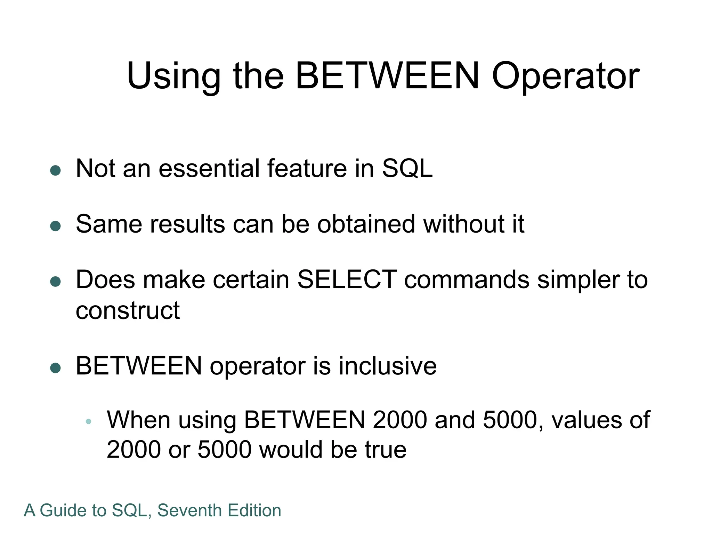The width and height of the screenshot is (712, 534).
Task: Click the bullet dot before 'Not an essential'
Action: (x=56, y=170)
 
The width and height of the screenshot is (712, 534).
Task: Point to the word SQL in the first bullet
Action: (x=407, y=169)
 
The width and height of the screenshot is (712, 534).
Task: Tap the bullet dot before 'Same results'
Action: (x=56, y=226)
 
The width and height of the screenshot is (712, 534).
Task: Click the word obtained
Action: (x=366, y=224)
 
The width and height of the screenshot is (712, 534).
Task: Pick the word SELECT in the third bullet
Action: (x=347, y=280)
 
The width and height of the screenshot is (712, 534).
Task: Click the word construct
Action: (x=128, y=310)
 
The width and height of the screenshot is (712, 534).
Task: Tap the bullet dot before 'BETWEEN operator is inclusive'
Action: (x=56, y=368)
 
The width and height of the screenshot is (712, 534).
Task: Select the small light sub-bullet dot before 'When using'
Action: (x=88, y=422)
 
